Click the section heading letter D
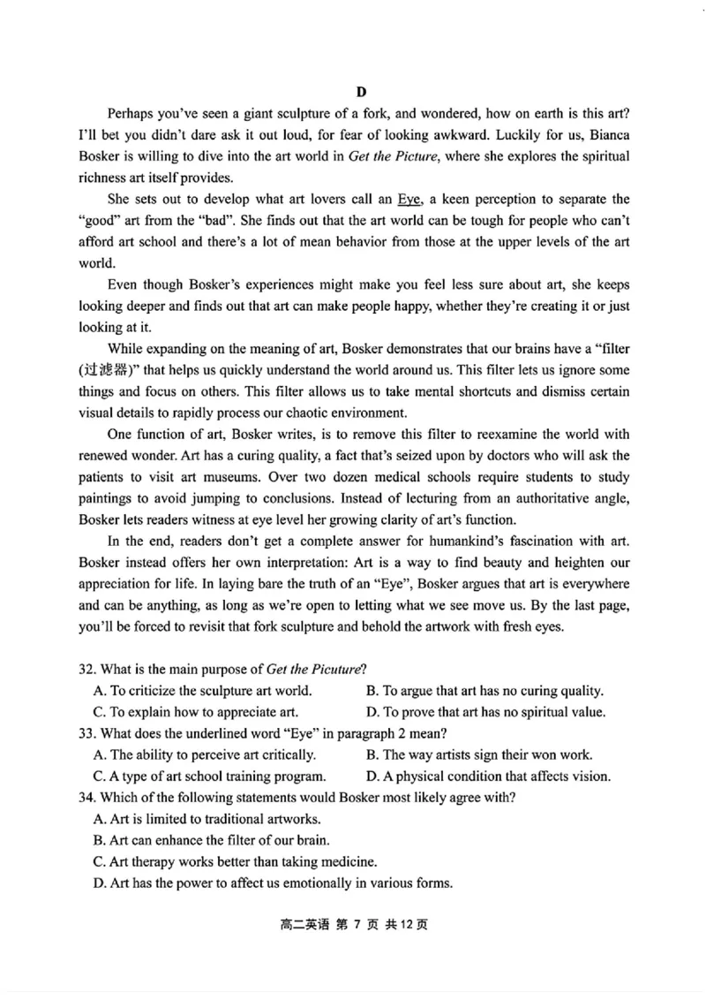(x=361, y=92)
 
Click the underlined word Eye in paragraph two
(x=410, y=200)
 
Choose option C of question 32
(x=195, y=711)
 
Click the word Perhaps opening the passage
(x=133, y=114)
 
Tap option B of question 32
(x=484, y=690)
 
